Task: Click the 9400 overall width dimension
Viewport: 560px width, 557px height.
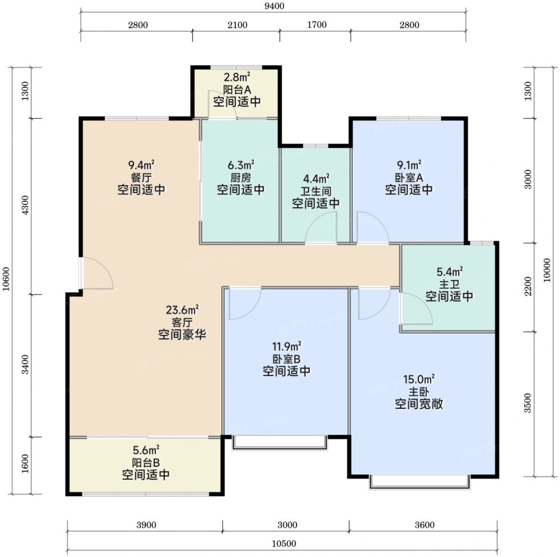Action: pos(273,6)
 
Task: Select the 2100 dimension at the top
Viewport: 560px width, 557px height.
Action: pos(237,25)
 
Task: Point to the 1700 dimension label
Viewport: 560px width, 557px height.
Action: pos(317,25)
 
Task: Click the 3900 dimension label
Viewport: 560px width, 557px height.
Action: pos(145,525)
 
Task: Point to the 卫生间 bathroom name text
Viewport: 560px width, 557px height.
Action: pos(315,191)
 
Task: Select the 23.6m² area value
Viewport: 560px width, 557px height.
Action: pos(182,310)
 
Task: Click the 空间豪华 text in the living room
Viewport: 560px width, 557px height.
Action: pos(182,335)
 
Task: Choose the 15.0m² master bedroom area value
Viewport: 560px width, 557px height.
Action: pos(418,380)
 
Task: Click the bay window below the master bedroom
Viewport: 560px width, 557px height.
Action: pos(419,482)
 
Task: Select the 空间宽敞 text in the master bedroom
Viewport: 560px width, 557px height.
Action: pos(418,404)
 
